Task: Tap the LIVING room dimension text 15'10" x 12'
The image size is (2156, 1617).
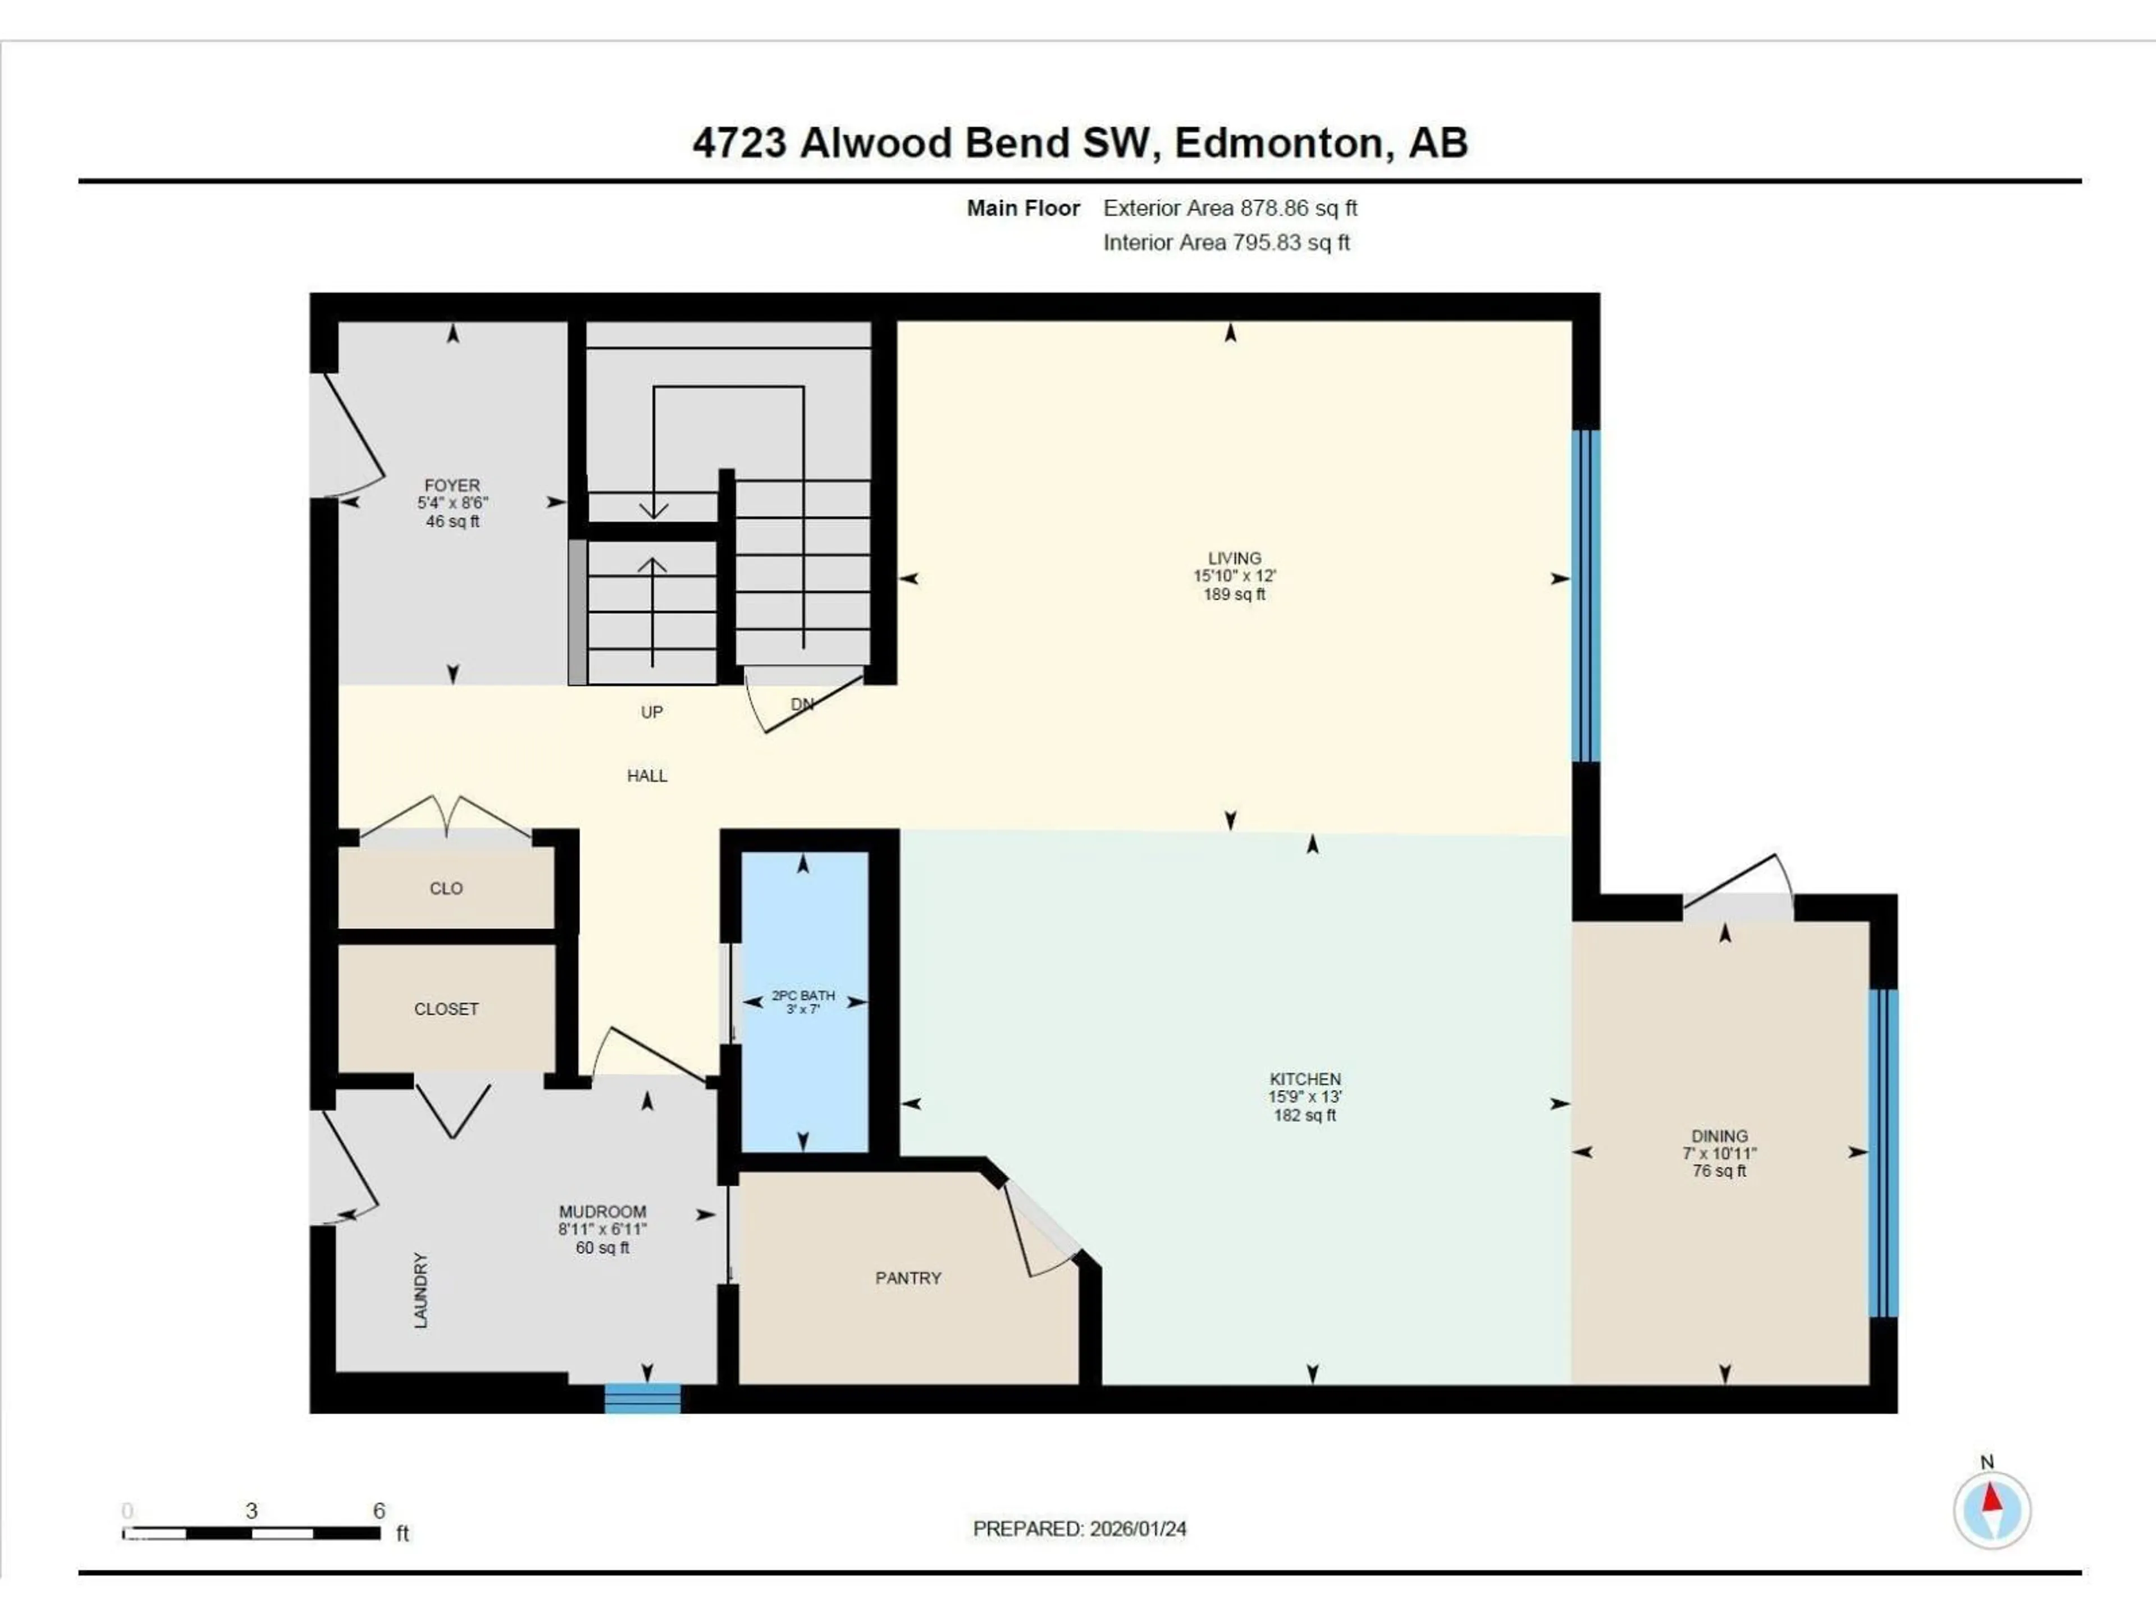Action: [x=1234, y=576]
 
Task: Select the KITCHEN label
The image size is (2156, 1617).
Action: [x=1304, y=1079]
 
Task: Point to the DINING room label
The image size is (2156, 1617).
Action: [x=1719, y=1135]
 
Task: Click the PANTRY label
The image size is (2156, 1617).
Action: [x=907, y=1278]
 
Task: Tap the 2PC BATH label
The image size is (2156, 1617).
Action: [x=803, y=995]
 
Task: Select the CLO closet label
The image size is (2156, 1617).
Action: [x=445, y=888]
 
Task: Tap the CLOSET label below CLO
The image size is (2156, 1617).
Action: [x=445, y=1009]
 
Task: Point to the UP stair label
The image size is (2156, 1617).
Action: [x=651, y=712]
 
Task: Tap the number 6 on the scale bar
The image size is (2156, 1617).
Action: [x=378, y=1511]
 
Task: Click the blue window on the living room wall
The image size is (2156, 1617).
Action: [x=1586, y=595]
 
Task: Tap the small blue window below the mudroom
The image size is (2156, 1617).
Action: [x=642, y=1397]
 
